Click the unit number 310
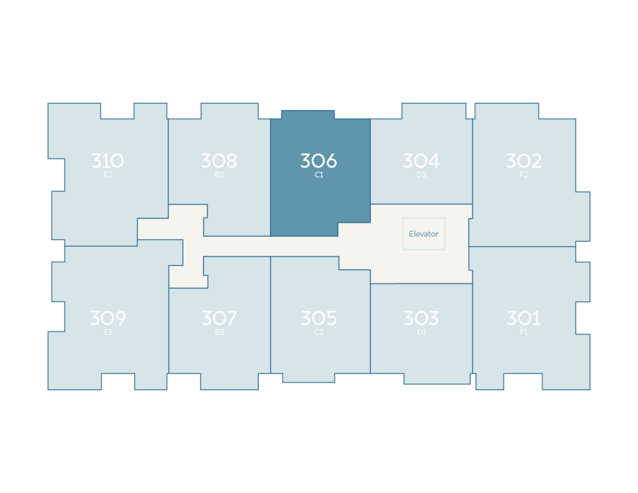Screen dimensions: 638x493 108,161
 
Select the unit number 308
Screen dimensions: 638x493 219,161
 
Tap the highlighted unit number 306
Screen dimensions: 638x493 318,161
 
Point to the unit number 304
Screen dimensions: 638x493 421,161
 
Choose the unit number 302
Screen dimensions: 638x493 523,161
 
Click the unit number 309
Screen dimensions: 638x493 108,318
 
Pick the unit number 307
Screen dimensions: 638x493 219,318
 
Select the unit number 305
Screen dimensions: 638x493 318,318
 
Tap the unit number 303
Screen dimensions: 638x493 421,318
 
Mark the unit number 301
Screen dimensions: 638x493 523,318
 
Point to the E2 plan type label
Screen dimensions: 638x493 108,175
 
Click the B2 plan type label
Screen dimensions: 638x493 219,175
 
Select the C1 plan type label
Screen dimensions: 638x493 319,175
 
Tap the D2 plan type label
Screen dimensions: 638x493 422,175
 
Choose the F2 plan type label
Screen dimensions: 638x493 524,175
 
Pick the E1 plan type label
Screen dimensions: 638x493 108,332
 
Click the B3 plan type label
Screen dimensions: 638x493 219,332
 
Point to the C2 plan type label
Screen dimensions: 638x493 319,332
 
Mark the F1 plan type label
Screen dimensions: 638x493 523,332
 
